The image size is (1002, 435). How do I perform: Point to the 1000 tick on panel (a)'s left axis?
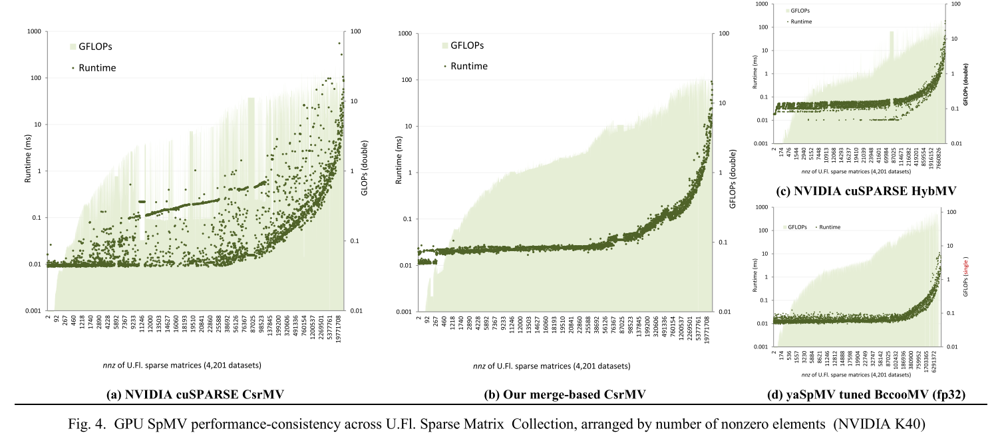pos(33,31)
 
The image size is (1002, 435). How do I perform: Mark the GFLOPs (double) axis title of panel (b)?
pos(733,172)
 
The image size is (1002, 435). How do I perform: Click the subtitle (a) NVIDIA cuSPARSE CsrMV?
pos(195,395)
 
